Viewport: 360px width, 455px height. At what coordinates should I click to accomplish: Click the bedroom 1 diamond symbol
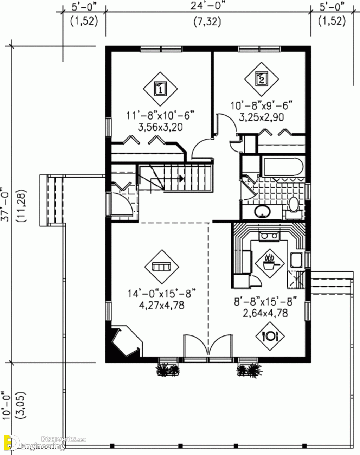[160, 89]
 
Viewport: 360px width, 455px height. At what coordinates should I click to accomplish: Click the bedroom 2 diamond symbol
[261, 79]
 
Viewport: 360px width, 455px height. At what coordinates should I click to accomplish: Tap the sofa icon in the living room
[161, 267]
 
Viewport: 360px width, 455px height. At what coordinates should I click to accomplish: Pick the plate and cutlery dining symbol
[270, 336]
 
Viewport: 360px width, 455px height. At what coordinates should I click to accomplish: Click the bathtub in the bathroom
[282, 168]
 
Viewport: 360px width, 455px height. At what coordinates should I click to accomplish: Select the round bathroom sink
[262, 211]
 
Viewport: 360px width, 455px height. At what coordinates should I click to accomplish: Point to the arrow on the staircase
[181, 178]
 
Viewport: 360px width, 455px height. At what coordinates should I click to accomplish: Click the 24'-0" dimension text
[207, 6]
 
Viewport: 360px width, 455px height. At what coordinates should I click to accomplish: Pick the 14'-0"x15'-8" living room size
[161, 293]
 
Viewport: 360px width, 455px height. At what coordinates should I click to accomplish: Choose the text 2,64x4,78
[265, 313]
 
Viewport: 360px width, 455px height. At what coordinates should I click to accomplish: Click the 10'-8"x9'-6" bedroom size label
[262, 105]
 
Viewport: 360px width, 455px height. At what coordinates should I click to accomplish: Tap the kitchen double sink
[269, 236]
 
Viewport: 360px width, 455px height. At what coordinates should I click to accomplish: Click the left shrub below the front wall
[168, 370]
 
